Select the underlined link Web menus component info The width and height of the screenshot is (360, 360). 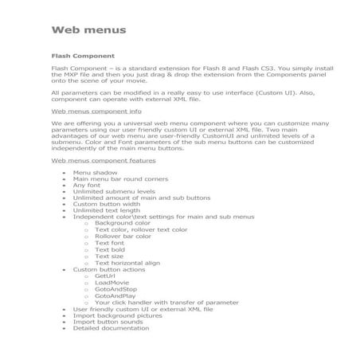click(96, 112)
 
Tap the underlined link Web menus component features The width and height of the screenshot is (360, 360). click(104, 160)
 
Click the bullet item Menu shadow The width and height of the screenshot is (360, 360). click(95, 173)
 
